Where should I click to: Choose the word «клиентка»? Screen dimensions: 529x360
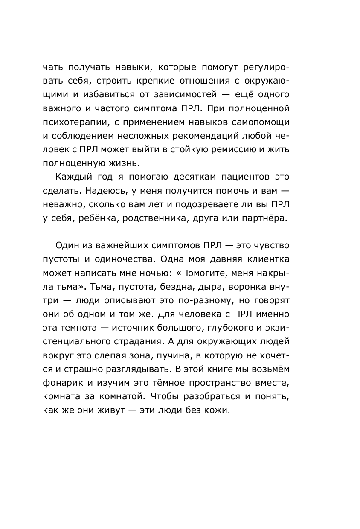pyautogui.click(x=264, y=260)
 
